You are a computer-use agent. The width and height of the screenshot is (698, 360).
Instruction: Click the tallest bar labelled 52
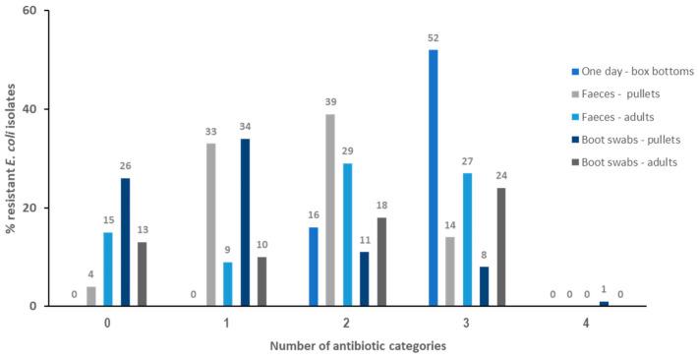point(433,177)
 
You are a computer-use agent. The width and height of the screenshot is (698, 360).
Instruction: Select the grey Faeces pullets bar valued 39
point(329,210)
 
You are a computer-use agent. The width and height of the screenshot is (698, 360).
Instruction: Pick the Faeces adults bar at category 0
point(108,269)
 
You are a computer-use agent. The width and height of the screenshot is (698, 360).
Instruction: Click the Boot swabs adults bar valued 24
point(501,246)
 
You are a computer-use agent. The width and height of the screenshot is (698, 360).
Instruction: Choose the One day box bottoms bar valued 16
point(313,266)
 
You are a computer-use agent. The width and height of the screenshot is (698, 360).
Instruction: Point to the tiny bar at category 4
point(603,303)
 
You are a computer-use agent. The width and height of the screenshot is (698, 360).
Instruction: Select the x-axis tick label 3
point(466,321)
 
